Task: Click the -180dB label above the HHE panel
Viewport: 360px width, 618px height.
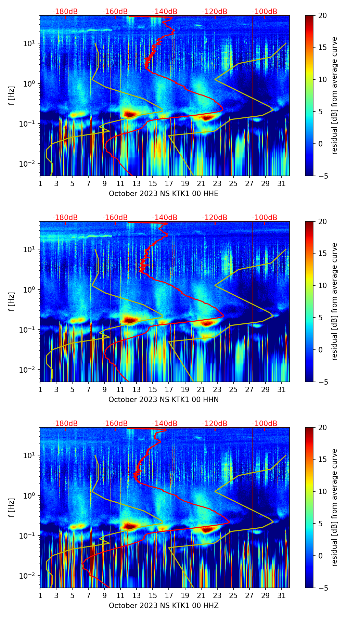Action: point(65,12)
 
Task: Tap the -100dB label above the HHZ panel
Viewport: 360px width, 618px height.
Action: point(265,424)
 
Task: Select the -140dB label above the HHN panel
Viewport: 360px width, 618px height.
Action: point(165,218)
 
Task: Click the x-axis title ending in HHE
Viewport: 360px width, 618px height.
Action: point(164,194)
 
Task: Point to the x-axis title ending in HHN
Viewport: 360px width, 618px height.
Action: point(164,400)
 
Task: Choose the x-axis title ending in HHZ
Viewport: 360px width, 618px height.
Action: point(164,606)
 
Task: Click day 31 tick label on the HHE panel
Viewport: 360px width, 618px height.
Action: point(281,184)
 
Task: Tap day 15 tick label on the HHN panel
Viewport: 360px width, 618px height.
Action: point(153,390)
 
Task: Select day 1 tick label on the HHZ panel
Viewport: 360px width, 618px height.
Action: point(40,596)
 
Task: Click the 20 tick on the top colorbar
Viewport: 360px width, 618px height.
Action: point(322,15)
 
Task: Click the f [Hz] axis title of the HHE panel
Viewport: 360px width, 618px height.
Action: point(11,95)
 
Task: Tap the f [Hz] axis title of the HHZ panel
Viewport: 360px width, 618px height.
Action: point(11,507)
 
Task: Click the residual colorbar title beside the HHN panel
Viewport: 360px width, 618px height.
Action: point(335,301)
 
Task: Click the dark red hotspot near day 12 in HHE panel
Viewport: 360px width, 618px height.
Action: point(130,114)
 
